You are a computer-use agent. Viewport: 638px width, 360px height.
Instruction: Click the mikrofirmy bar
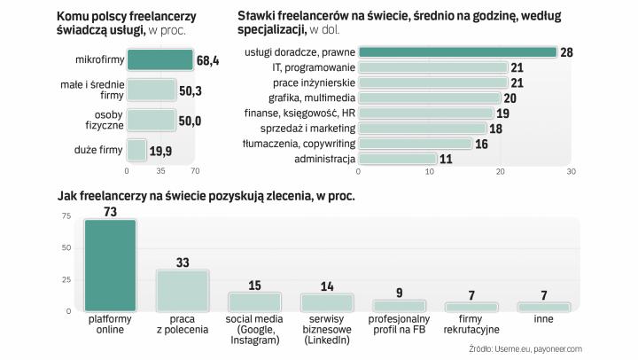160,60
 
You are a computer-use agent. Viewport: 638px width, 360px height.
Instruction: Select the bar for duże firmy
136,150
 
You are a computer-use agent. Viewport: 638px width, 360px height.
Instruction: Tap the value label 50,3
190,90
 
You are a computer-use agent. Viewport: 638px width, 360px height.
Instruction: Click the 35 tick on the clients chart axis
161,170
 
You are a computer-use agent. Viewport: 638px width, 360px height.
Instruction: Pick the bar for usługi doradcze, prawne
457,52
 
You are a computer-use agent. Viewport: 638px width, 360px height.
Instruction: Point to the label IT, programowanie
314,67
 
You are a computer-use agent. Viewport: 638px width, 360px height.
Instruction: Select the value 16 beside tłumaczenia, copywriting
482,144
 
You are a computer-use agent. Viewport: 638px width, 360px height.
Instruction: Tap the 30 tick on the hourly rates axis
571,171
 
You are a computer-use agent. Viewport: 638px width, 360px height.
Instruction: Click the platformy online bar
110,264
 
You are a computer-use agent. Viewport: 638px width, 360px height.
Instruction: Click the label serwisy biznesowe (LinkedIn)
326,330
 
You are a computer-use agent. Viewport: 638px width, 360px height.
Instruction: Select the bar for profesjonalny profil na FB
399,305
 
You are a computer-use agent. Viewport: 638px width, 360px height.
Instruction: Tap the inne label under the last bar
543,317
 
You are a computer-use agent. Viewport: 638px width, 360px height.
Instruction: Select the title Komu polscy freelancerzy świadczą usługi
139,23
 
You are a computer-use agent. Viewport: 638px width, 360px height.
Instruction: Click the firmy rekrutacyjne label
471,324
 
